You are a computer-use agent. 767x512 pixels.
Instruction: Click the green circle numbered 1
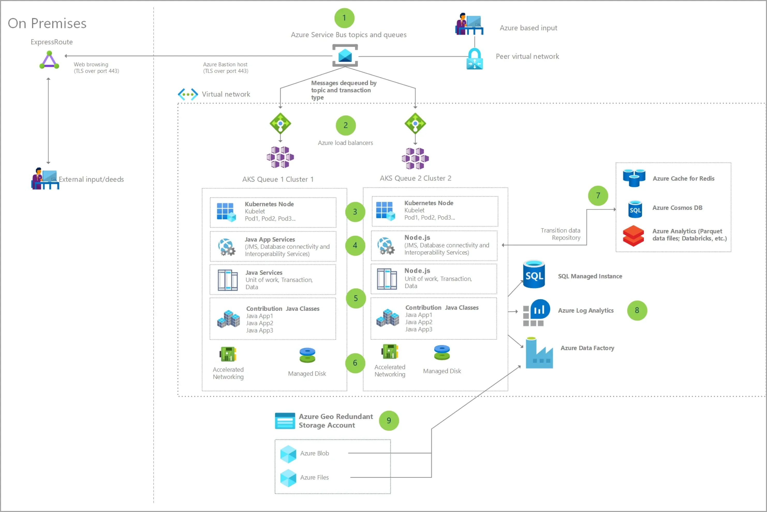click(344, 18)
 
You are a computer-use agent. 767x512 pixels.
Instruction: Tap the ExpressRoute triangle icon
click(49, 60)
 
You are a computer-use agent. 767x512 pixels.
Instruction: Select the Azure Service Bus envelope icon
click(345, 56)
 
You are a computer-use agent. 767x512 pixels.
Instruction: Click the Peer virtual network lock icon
click(475, 59)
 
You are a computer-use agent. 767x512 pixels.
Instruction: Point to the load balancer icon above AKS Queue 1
click(280, 123)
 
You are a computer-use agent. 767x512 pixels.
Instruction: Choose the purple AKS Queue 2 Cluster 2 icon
click(415, 158)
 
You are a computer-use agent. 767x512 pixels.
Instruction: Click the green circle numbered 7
click(598, 196)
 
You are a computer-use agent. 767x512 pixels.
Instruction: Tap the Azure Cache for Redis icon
click(634, 178)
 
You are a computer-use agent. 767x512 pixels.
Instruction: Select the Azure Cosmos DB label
click(677, 208)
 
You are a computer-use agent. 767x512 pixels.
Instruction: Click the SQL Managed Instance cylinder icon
click(534, 274)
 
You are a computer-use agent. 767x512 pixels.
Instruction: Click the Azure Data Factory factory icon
click(539, 353)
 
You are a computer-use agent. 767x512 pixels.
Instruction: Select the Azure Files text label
click(314, 477)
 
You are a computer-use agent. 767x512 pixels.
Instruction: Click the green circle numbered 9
click(389, 420)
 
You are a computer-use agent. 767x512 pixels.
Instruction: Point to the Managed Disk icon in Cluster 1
click(307, 355)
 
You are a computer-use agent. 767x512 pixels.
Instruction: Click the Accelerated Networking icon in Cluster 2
click(390, 352)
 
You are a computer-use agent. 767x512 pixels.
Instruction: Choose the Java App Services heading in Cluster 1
click(270, 239)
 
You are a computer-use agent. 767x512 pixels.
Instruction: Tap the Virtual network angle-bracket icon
click(188, 94)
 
